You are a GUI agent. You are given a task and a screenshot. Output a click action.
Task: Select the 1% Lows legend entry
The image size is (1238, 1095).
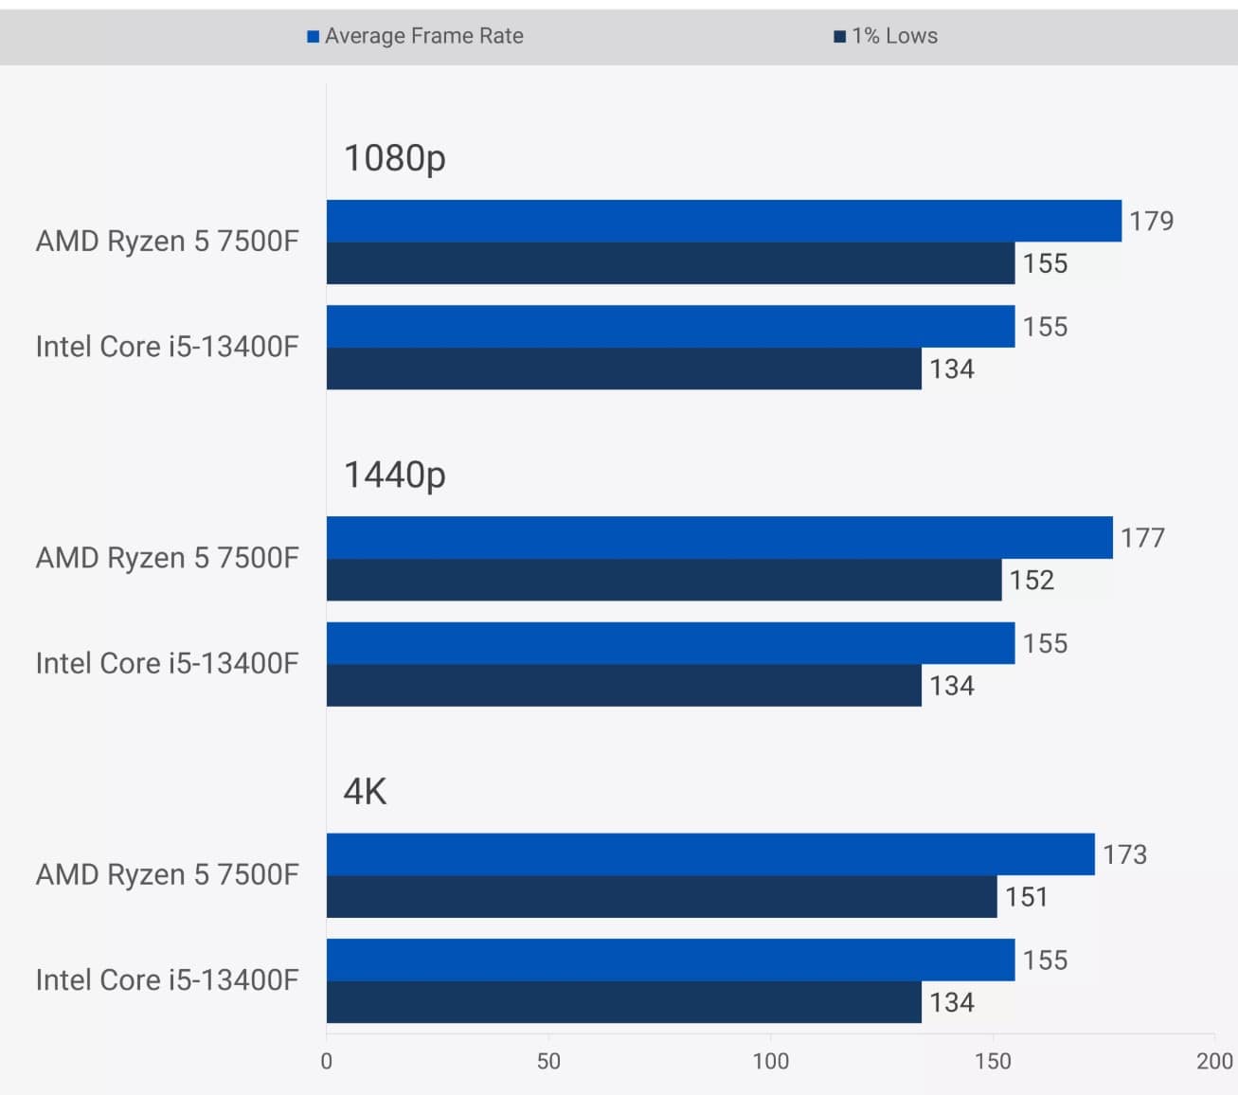coord(886,36)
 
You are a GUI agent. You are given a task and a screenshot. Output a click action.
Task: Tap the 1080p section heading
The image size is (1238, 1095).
coord(394,158)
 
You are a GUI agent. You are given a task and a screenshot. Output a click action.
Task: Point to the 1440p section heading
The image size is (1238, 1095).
coord(394,475)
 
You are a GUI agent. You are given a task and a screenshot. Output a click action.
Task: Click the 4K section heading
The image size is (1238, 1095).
coord(365,791)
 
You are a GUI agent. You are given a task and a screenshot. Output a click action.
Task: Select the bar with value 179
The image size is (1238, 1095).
coord(724,221)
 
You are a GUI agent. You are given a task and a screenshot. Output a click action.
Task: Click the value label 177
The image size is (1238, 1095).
coord(1142,538)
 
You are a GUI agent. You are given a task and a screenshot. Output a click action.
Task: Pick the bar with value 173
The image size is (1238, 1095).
coord(710,854)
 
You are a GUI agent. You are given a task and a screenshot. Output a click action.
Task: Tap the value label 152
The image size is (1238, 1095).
coord(1032,580)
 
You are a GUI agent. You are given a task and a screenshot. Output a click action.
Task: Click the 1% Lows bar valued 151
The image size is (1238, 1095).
coord(661,896)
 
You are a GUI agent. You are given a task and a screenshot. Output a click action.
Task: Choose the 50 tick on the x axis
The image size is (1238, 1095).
coord(548,1061)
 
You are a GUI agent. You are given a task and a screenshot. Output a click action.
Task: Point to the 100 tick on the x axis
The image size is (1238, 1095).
coord(770,1061)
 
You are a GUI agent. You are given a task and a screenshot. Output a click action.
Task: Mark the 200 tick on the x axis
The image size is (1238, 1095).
coord(1214,1061)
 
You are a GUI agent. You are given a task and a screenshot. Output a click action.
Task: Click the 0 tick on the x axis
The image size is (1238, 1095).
coord(327,1061)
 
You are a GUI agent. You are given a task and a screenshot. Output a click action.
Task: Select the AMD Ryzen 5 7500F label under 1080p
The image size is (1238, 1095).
coord(167,242)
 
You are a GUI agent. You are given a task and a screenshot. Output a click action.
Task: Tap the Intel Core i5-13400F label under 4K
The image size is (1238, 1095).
coord(167,979)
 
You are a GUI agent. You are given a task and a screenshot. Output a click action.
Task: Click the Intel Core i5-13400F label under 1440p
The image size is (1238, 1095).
coord(167,663)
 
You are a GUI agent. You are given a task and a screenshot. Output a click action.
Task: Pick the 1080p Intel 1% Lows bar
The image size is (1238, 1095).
coord(623,368)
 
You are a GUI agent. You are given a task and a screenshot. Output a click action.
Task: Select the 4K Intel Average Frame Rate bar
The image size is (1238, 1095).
coord(671,960)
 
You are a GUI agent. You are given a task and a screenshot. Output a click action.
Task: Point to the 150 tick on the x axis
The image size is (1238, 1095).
coord(993,1061)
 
